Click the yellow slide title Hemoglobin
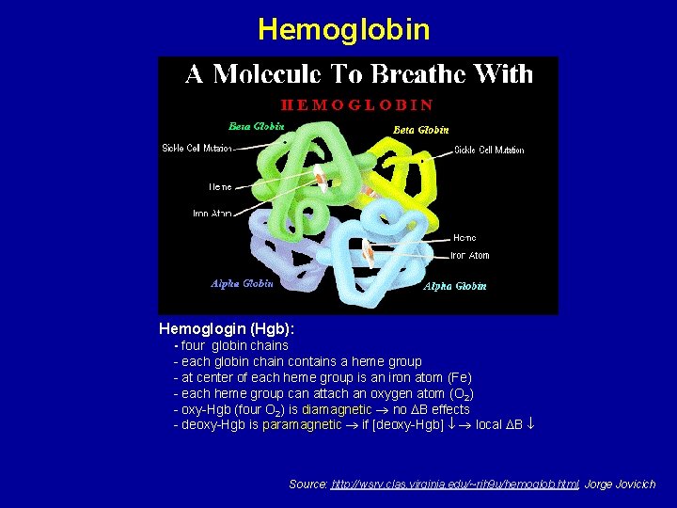tap(343, 29)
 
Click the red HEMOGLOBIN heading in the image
tap(358, 104)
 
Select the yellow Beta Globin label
tap(420, 129)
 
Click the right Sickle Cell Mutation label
tap(489, 150)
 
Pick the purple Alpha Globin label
tap(242, 283)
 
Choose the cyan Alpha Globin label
tap(455, 286)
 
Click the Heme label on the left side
tap(219, 187)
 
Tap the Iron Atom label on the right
tap(469, 255)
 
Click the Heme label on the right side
tap(464, 237)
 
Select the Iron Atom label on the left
tap(212, 214)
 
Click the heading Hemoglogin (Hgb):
tap(227, 329)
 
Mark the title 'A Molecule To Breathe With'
tap(358, 74)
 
